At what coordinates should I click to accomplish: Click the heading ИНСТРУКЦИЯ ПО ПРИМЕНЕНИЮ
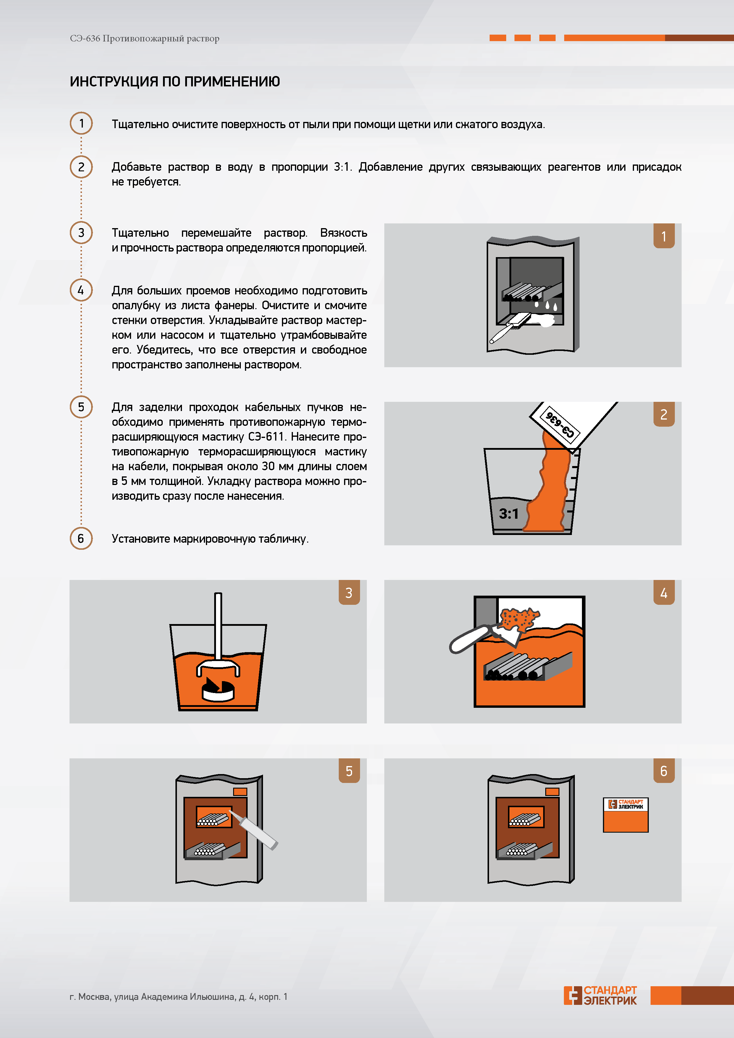[x=175, y=81]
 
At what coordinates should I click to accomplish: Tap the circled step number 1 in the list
[x=81, y=123]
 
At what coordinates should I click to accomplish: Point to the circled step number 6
[x=81, y=539]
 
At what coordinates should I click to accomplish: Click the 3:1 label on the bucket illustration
[x=509, y=514]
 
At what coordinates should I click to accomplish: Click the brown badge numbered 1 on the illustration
[x=664, y=236]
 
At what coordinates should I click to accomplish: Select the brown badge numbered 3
[x=349, y=592]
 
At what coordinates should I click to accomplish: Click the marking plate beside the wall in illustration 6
[x=625, y=815]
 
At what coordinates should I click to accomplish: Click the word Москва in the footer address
[x=94, y=997]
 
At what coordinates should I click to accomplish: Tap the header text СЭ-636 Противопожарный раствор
[x=145, y=38]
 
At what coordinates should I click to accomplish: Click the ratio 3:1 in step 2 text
[x=342, y=167]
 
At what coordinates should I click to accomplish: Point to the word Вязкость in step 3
[x=343, y=233]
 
